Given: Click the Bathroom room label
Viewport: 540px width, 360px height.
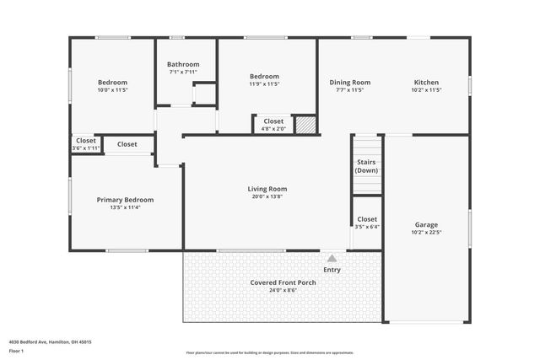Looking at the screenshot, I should tap(183, 64).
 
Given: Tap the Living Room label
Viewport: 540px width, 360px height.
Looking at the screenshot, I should tap(267, 189).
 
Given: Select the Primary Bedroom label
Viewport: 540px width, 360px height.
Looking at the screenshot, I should tap(125, 200).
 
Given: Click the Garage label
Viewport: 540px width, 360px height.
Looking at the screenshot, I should tap(426, 225).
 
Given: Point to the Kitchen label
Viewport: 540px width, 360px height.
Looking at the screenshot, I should tap(426, 82).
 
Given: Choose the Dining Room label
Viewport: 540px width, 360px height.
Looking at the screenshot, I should tap(349, 82).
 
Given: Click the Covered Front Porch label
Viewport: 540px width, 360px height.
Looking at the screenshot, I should tap(283, 282).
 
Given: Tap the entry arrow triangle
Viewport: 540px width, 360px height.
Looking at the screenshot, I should tap(332, 259).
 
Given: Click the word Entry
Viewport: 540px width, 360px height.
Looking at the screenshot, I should tap(332, 270).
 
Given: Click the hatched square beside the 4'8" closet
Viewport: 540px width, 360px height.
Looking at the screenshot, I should tap(306, 125).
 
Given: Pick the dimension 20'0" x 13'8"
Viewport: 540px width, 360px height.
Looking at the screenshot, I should tap(267, 196).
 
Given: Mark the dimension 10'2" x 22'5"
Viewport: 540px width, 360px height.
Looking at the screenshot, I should tap(426, 233).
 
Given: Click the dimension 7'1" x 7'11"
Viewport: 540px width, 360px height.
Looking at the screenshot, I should tap(183, 72).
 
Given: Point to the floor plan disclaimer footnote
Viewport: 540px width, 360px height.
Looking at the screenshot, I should tap(269, 352).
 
